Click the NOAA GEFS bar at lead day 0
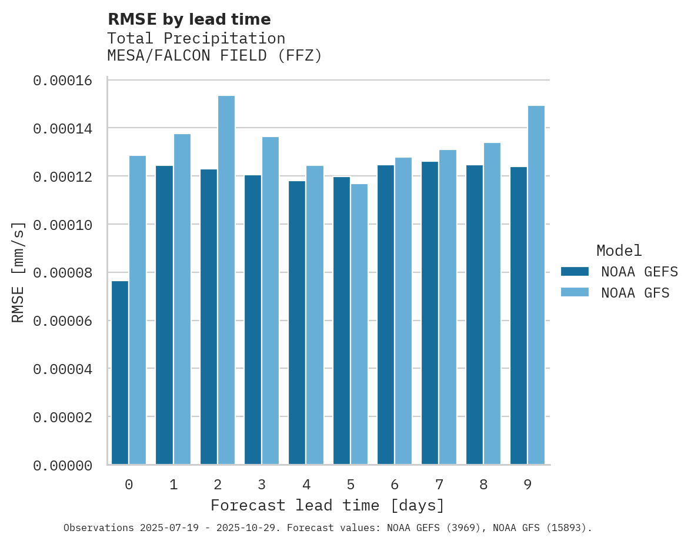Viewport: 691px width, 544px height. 120,373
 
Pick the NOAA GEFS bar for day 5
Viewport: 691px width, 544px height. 342,321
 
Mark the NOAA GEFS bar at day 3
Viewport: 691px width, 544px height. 253,320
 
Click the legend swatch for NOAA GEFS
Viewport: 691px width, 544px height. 575,271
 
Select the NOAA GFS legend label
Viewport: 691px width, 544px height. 635,293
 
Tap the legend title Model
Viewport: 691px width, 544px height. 619,251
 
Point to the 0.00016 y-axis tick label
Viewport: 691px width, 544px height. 62,81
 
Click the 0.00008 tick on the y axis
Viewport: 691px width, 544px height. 62,273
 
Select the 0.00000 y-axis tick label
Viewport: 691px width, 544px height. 62,466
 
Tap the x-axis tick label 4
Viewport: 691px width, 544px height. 306,485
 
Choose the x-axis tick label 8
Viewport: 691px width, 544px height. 483,485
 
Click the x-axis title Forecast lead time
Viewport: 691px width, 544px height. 328,506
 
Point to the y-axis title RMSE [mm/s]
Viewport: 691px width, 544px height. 19,272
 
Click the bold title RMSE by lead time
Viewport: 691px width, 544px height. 189,19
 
